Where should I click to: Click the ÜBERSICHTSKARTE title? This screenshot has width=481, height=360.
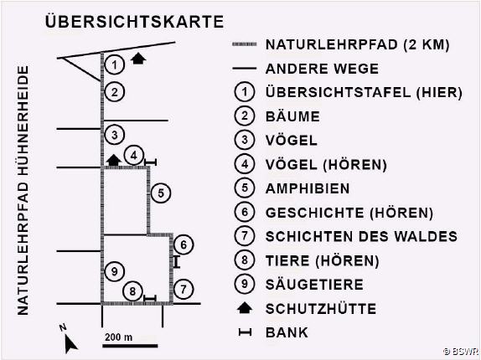click(x=134, y=22)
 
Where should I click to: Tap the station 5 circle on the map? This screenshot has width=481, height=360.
click(x=161, y=193)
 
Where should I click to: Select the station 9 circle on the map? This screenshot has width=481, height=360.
click(x=115, y=271)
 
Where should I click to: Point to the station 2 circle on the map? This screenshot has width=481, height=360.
click(x=115, y=92)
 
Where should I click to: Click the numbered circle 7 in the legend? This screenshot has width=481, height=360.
click(x=245, y=236)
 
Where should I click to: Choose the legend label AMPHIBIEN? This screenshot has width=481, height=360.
click(x=308, y=188)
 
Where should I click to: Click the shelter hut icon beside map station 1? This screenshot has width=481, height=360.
click(x=138, y=59)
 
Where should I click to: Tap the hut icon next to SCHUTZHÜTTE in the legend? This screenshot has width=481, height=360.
click(x=245, y=307)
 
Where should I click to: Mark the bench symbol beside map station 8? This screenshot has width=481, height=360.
click(x=150, y=298)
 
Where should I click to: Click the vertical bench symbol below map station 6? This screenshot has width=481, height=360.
click(x=176, y=262)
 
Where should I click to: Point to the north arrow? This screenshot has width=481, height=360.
click(x=70, y=343)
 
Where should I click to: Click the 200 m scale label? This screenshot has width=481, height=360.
click(x=118, y=337)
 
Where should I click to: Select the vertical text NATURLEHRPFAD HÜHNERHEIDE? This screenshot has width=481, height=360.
click(x=23, y=191)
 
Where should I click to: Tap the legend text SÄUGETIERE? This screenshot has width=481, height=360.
click(x=314, y=285)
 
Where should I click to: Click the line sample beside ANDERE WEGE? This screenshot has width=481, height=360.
click(x=244, y=69)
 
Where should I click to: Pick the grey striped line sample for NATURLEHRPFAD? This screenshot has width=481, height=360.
click(x=244, y=44)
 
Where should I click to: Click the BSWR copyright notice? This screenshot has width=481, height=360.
click(x=461, y=351)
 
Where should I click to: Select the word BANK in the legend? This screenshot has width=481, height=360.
click(x=287, y=332)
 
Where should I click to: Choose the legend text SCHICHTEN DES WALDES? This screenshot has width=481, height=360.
click(x=361, y=237)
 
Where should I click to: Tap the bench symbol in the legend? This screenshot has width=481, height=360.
click(x=245, y=332)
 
